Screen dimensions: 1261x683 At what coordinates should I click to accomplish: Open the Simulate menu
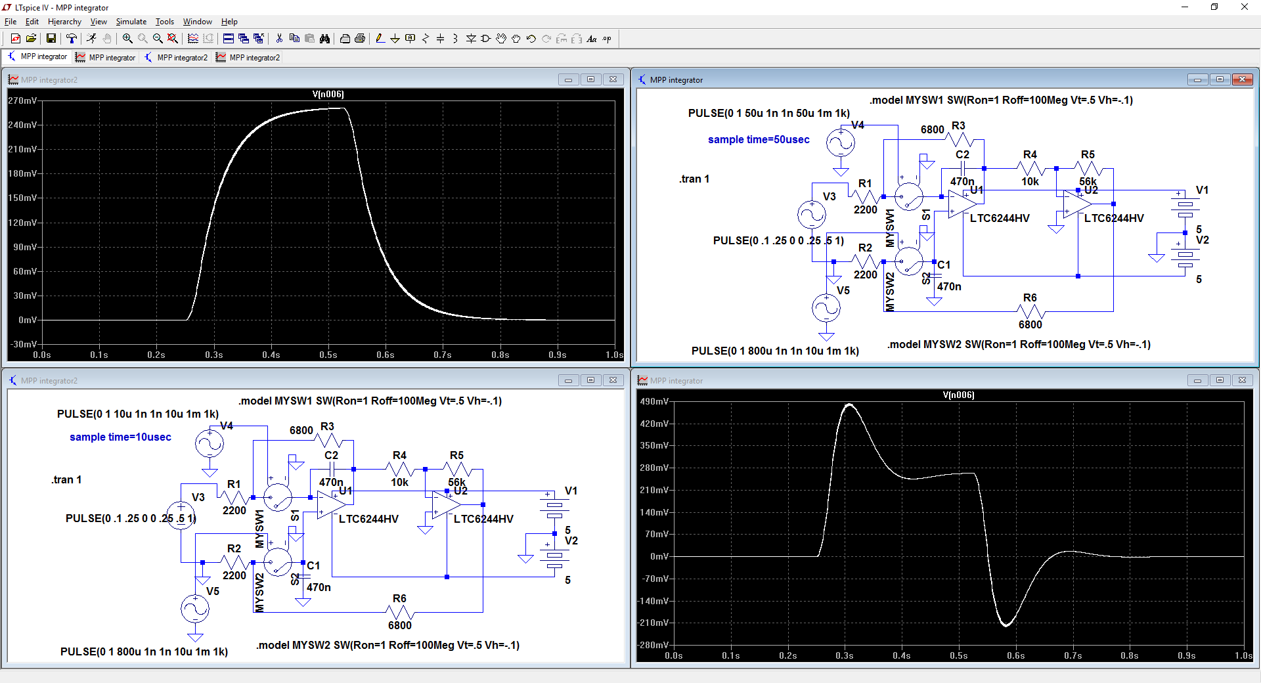pos(131,22)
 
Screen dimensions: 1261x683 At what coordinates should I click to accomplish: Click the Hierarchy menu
pos(64,22)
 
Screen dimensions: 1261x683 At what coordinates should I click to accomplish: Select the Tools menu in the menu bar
pos(165,22)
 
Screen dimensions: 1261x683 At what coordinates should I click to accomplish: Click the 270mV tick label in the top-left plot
pos(22,100)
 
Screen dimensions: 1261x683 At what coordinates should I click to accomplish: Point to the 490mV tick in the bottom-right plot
pos(654,401)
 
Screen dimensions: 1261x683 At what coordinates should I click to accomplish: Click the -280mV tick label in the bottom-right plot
pos(653,645)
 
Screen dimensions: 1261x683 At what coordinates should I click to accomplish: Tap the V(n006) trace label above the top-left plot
pos(328,94)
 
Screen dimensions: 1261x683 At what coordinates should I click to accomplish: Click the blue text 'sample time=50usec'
pos(759,139)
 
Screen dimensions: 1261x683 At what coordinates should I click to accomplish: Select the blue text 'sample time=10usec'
pos(120,437)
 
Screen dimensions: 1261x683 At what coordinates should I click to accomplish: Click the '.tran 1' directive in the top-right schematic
pos(694,179)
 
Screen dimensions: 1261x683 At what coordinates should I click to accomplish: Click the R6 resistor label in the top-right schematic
pos(1030,297)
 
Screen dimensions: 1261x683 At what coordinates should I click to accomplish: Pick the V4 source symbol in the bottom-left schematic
pos(210,444)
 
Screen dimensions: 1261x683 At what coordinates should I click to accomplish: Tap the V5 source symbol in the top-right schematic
pos(826,307)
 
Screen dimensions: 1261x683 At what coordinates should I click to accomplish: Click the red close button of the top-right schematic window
pos(1242,79)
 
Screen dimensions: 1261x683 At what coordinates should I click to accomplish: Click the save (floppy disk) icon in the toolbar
pos(51,39)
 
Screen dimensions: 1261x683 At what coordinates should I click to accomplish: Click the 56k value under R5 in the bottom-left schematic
pos(456,482)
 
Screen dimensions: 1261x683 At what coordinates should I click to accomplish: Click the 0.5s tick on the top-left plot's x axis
pos(328,355)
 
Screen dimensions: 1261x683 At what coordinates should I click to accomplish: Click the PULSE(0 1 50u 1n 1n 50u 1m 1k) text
pos(769,113)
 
